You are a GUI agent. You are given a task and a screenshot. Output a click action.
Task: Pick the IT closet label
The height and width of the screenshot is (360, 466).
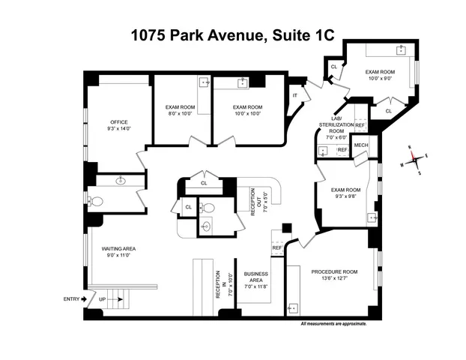click(x=296, y=95)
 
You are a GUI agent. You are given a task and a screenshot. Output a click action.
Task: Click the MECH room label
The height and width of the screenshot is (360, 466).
click(x=360, y=145)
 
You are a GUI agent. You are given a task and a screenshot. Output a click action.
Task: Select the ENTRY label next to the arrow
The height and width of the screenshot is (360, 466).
click(x=72, y=299)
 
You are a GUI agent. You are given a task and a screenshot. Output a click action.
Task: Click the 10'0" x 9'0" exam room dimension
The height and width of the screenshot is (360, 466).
click(x=379, y=78)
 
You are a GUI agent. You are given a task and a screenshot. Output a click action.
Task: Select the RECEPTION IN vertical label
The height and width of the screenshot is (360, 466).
click(x=218, y=284)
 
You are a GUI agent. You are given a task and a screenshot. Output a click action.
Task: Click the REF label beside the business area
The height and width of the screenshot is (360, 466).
click(x=276, y=247)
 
